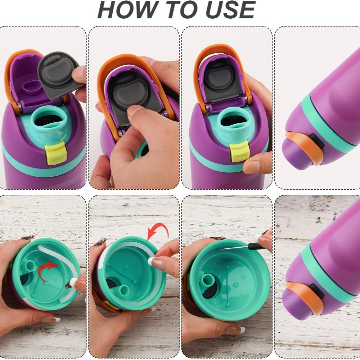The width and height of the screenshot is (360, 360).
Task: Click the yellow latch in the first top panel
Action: pyautogui.click(x=55, y=153)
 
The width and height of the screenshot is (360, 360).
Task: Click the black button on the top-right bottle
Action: pyautogui.click(x=317, y=141)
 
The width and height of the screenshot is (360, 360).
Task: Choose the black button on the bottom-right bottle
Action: pyautogui.click(x=317, y=291)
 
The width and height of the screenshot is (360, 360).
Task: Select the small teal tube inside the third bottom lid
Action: pyautogui.click(x=208, y=280)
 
